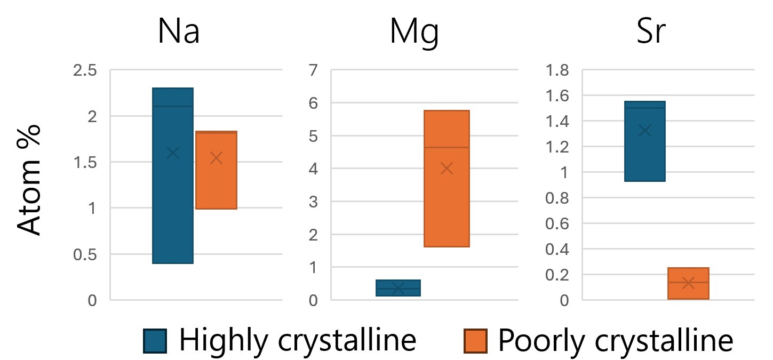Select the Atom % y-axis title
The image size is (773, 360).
(x=30, y=180)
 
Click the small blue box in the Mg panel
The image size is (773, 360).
(x=398, y=288)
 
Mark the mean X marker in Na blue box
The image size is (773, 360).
(x=172, y=153)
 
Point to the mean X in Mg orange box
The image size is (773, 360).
(x=447, y=169)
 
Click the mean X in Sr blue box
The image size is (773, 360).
(x=644, y=130)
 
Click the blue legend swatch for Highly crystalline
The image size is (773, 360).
(x=155, y=341)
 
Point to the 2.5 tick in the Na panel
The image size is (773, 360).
(x=85, y=70)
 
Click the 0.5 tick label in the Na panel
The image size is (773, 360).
(x=85, y=254)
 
